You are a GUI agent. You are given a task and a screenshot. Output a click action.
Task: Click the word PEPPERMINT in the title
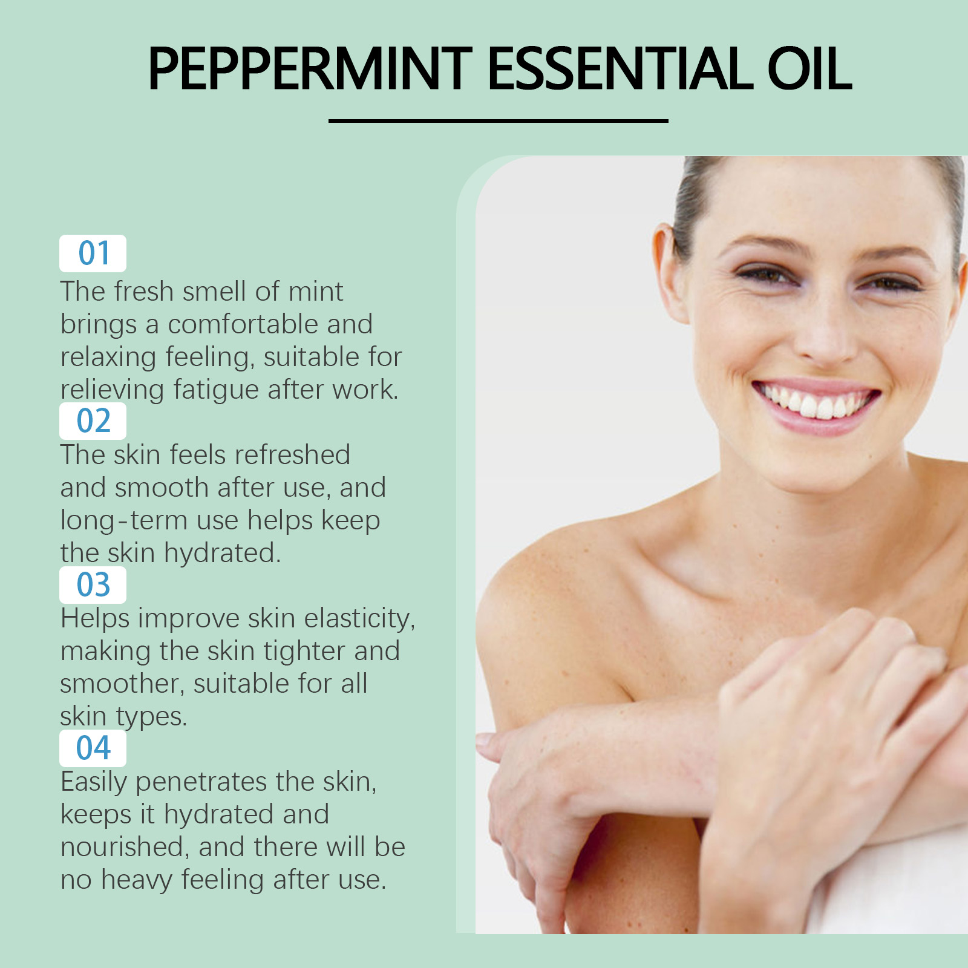(310, 68)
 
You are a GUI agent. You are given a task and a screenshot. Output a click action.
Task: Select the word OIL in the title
(809, 68)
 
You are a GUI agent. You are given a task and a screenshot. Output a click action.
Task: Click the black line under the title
(498, 120)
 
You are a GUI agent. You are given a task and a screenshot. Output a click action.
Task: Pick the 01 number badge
(93, 253)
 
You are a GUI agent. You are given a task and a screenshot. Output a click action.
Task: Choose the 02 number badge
(93, 420)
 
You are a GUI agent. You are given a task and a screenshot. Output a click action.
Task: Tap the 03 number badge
(93, 584)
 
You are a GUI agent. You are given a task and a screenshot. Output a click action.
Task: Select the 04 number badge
(93, 748)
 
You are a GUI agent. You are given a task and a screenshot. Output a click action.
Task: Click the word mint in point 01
(315, 292)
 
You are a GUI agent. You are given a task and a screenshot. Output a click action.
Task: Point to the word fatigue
(216, 390)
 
